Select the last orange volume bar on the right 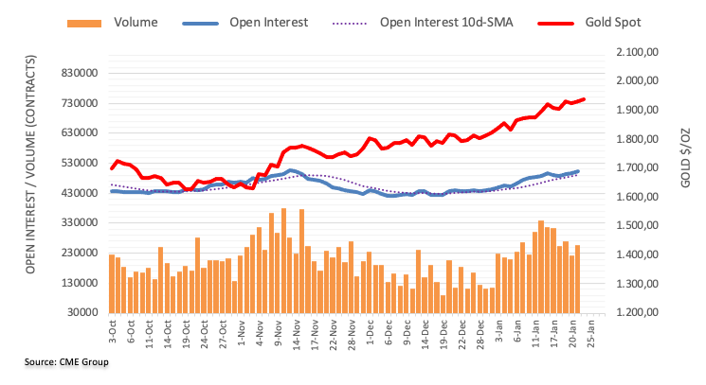[x=577, y=279]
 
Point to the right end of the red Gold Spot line [x=584, y=98]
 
